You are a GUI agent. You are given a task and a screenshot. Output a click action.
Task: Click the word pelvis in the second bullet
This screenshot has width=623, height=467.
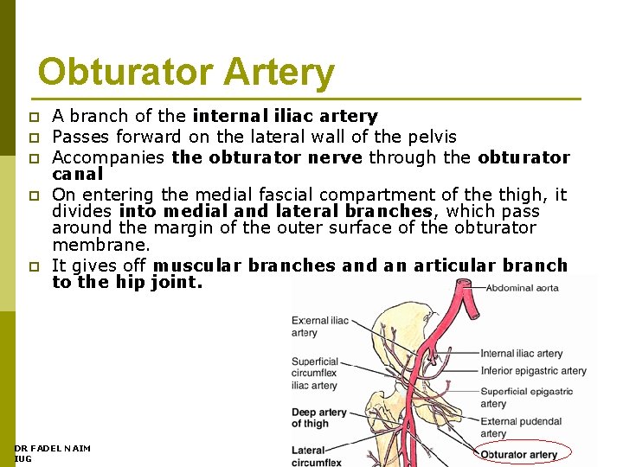pyautogui.click(x=432, y=137)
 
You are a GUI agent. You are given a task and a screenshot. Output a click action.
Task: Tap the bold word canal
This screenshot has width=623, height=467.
pyautogui.click(x=77, y=173)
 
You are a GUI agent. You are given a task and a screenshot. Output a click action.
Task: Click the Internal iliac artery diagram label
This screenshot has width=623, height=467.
pyautogui.click(x=521, y=353)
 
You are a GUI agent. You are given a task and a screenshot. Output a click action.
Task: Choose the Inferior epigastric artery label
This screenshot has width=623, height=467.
pyautogui.click(x=533, y=371)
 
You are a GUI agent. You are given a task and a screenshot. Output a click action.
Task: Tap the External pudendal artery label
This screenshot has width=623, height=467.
pyautogui.click(x=521, y=427)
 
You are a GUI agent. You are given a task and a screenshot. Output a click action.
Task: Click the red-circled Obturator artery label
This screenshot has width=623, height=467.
pyautogui.click(x=519, y=455)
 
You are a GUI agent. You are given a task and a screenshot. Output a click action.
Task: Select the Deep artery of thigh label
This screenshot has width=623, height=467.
pyautogui.click(x=319, y=418)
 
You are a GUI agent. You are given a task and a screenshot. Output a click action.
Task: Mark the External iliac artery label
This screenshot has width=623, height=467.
pyautogui.click(x=320, y=326)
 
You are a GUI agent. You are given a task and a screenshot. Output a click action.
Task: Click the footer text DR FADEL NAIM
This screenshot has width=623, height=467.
pyautogui.click(x=52, y=448)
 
